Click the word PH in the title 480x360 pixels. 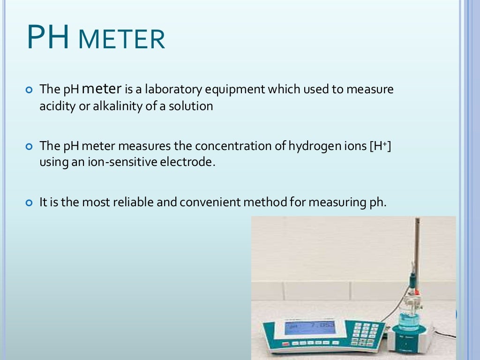click(47, 37)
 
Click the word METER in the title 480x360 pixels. click(121, 40)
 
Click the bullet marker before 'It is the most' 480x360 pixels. click(30, 203)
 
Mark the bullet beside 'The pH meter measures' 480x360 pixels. click(30, 146)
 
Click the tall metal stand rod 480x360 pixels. click(416, 253)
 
